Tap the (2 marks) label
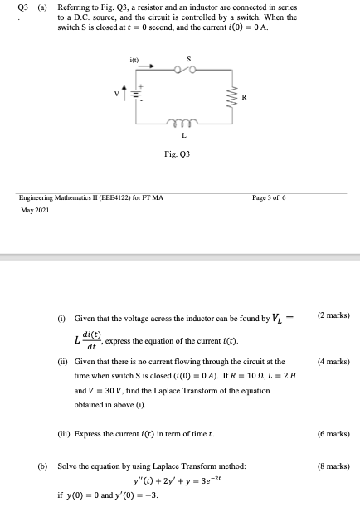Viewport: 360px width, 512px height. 333,316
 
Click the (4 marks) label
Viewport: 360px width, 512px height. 333,362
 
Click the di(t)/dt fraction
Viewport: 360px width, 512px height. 91,338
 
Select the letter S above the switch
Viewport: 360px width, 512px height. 189,59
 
